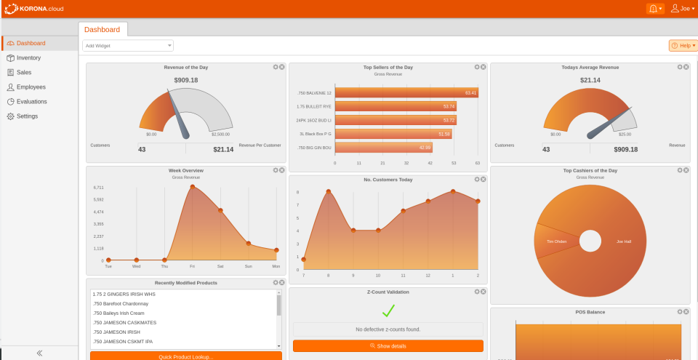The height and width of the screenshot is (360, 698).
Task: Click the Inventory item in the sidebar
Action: point(28,58)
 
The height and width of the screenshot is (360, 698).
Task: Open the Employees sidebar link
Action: point(31,87)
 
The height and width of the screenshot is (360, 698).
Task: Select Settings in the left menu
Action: point(27,116)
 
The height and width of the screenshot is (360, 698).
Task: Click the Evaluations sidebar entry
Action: point(31,102)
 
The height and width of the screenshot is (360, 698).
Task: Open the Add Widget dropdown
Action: point(128,46)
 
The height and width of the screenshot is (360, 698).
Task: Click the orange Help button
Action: point(683,46)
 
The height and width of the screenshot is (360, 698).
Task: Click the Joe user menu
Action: point(683,9)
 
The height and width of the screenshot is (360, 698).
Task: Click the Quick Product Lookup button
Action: point(186,356)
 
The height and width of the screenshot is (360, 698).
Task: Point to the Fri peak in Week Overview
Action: point(193,187)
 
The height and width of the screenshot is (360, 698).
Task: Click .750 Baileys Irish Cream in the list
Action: point(120,313)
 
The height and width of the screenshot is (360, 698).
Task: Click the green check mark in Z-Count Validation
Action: point(388,311)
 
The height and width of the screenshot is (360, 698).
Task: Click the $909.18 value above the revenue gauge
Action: point(186,80)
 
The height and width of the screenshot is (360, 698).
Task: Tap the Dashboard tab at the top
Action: point(103,30)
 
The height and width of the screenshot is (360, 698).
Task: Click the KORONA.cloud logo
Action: point(35,9)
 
